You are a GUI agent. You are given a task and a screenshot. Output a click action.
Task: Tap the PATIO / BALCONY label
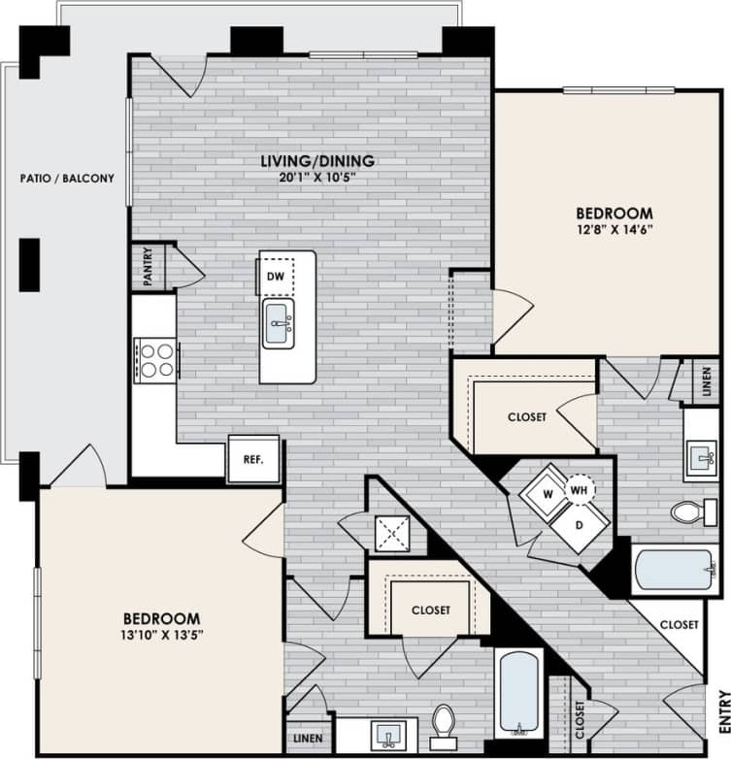coord(67,179)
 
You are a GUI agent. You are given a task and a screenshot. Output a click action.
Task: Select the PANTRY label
coord(149,267)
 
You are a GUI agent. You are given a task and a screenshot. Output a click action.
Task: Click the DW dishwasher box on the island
coord(276,276)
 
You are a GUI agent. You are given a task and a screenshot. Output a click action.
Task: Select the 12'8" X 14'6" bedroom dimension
coord(614,230)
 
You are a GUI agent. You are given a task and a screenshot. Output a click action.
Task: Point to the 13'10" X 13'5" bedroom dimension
coord(162,635)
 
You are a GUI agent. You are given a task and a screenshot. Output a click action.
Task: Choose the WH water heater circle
coord(580,490)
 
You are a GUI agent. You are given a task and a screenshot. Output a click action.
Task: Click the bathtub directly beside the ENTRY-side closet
coord(518,693)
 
